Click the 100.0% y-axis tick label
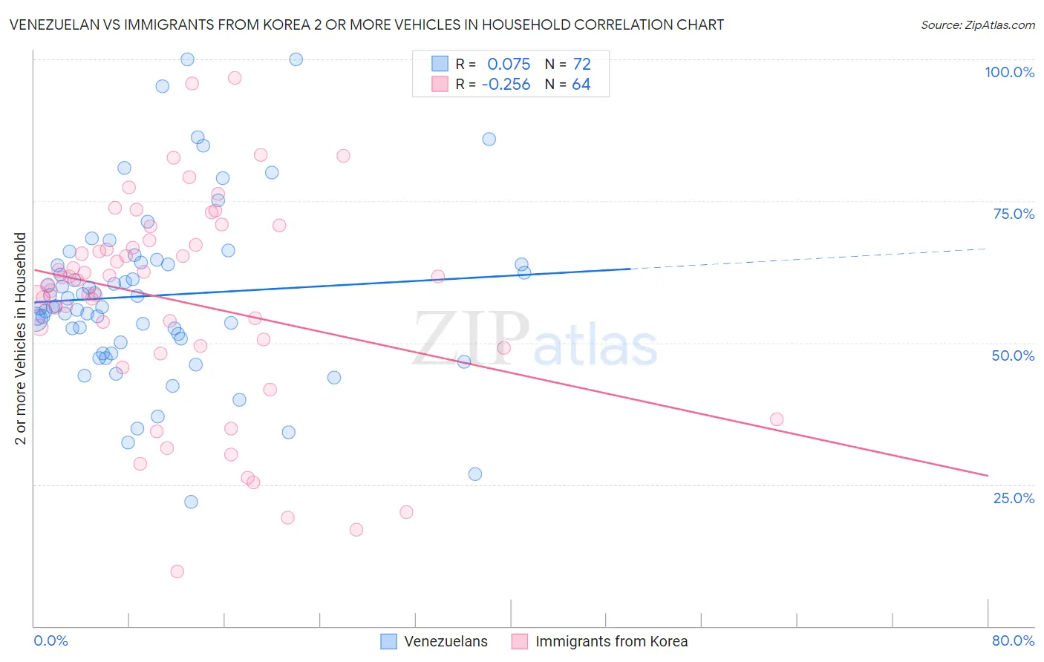click(1009, 72)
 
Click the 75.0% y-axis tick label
click(1014, 214)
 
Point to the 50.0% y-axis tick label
click(1013, 355)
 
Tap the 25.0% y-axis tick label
click(1014, 497)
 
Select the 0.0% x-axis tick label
click(50, 640)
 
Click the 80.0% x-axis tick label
click(1013, 640)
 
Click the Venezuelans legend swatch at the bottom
click(388, 641)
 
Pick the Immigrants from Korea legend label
click(611, 641)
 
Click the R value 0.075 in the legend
click(509, 64)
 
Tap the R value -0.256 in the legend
click(506, 85)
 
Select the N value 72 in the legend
click(581, 64)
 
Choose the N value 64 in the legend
click(581, 85)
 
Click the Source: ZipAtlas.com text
click(977, 25)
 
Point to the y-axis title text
click(21, 338)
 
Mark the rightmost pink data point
click(777, 419)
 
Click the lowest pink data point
click(177, 571)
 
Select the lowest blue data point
click(191, 502)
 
